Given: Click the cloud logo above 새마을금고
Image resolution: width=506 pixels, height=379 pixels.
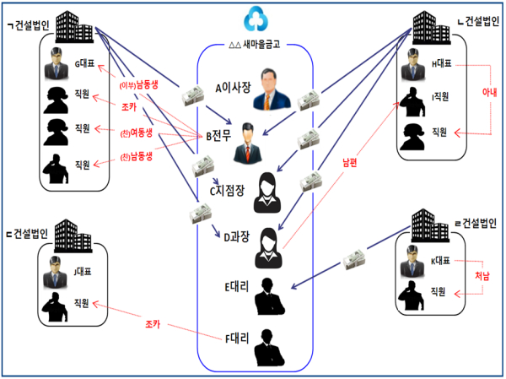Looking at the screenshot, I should point(254,19).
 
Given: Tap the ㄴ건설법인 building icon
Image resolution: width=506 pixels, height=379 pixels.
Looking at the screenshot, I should point(431,25).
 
